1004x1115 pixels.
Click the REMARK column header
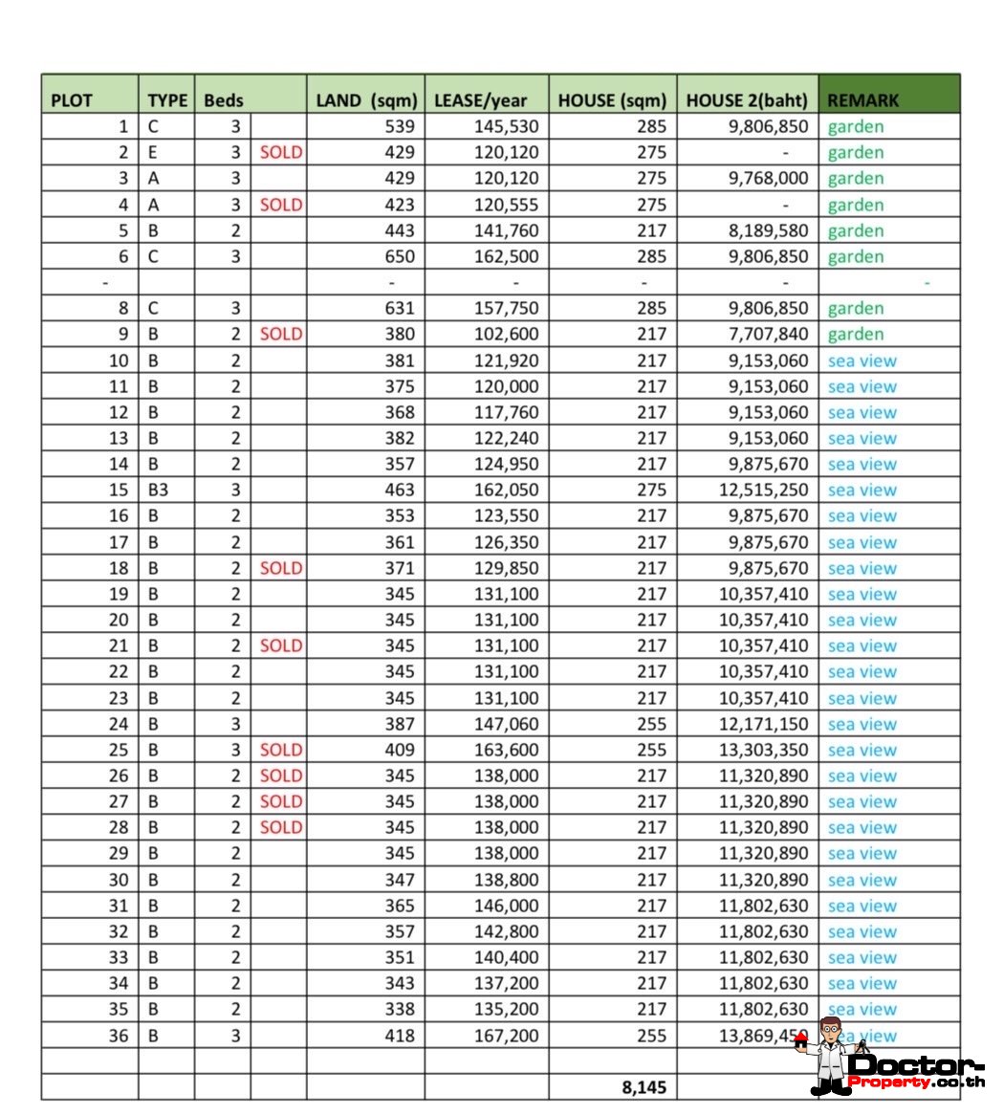(x=862, y=100)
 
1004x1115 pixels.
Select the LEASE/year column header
(x=480, y=100)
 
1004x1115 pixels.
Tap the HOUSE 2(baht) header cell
(x=747, y=100)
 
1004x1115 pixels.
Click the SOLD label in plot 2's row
(x=280, y=152)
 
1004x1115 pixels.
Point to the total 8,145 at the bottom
(x=644, y=1087)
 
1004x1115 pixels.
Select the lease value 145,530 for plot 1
(x=506, y=126)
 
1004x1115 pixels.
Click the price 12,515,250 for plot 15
(x=763, y=490)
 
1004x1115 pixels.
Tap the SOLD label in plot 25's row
(x=280, y=750)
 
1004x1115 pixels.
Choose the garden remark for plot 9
(x=855, y=334)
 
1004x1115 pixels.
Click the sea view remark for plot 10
(x=862, y=361)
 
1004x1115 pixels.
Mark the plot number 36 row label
(x=118, y=1036)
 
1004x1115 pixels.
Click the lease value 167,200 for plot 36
(x=506, y=1036)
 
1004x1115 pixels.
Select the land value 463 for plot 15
(x=400, y=490)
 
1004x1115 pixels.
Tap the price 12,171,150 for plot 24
(x=763, y=724)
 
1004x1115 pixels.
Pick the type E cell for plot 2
(x=153, y=152)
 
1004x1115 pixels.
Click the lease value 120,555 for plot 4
(x=506, y=205)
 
